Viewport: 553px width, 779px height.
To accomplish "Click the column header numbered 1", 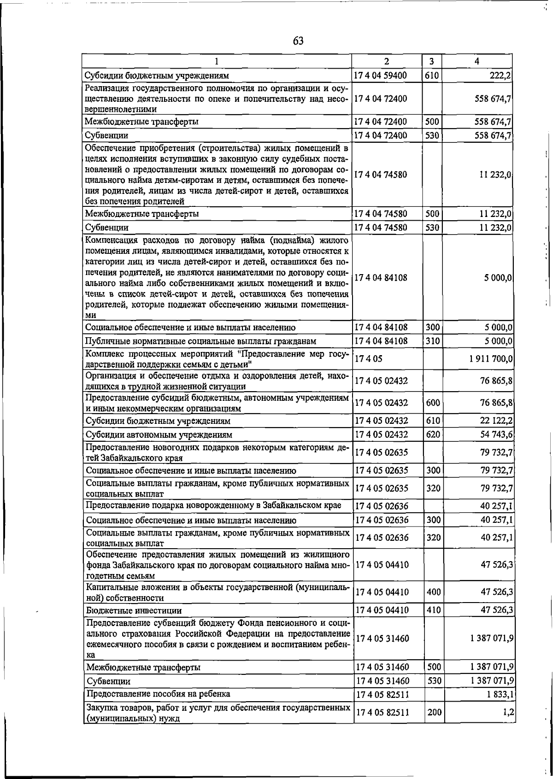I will [x=217, y=61].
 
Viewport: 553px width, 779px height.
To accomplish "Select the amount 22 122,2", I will [x=496, y=421].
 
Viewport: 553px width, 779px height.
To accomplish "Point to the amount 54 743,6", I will [x=496, y=434].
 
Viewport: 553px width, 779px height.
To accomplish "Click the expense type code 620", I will [x=433, y=434].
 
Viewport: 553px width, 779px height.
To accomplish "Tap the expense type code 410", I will [x=433, y=610].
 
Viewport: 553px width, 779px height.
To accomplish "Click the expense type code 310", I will [x=433, y=341].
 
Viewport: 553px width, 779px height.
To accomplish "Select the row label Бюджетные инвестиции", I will [x=134, y=610].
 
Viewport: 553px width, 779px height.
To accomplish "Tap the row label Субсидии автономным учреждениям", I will [x=159, y=435].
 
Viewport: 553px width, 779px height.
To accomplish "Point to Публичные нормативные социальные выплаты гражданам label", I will [x=201, y=341].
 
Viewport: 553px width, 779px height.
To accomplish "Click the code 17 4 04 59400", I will [x=380, y=75].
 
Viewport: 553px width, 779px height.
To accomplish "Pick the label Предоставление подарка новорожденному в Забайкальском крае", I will [x=213, y=505].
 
